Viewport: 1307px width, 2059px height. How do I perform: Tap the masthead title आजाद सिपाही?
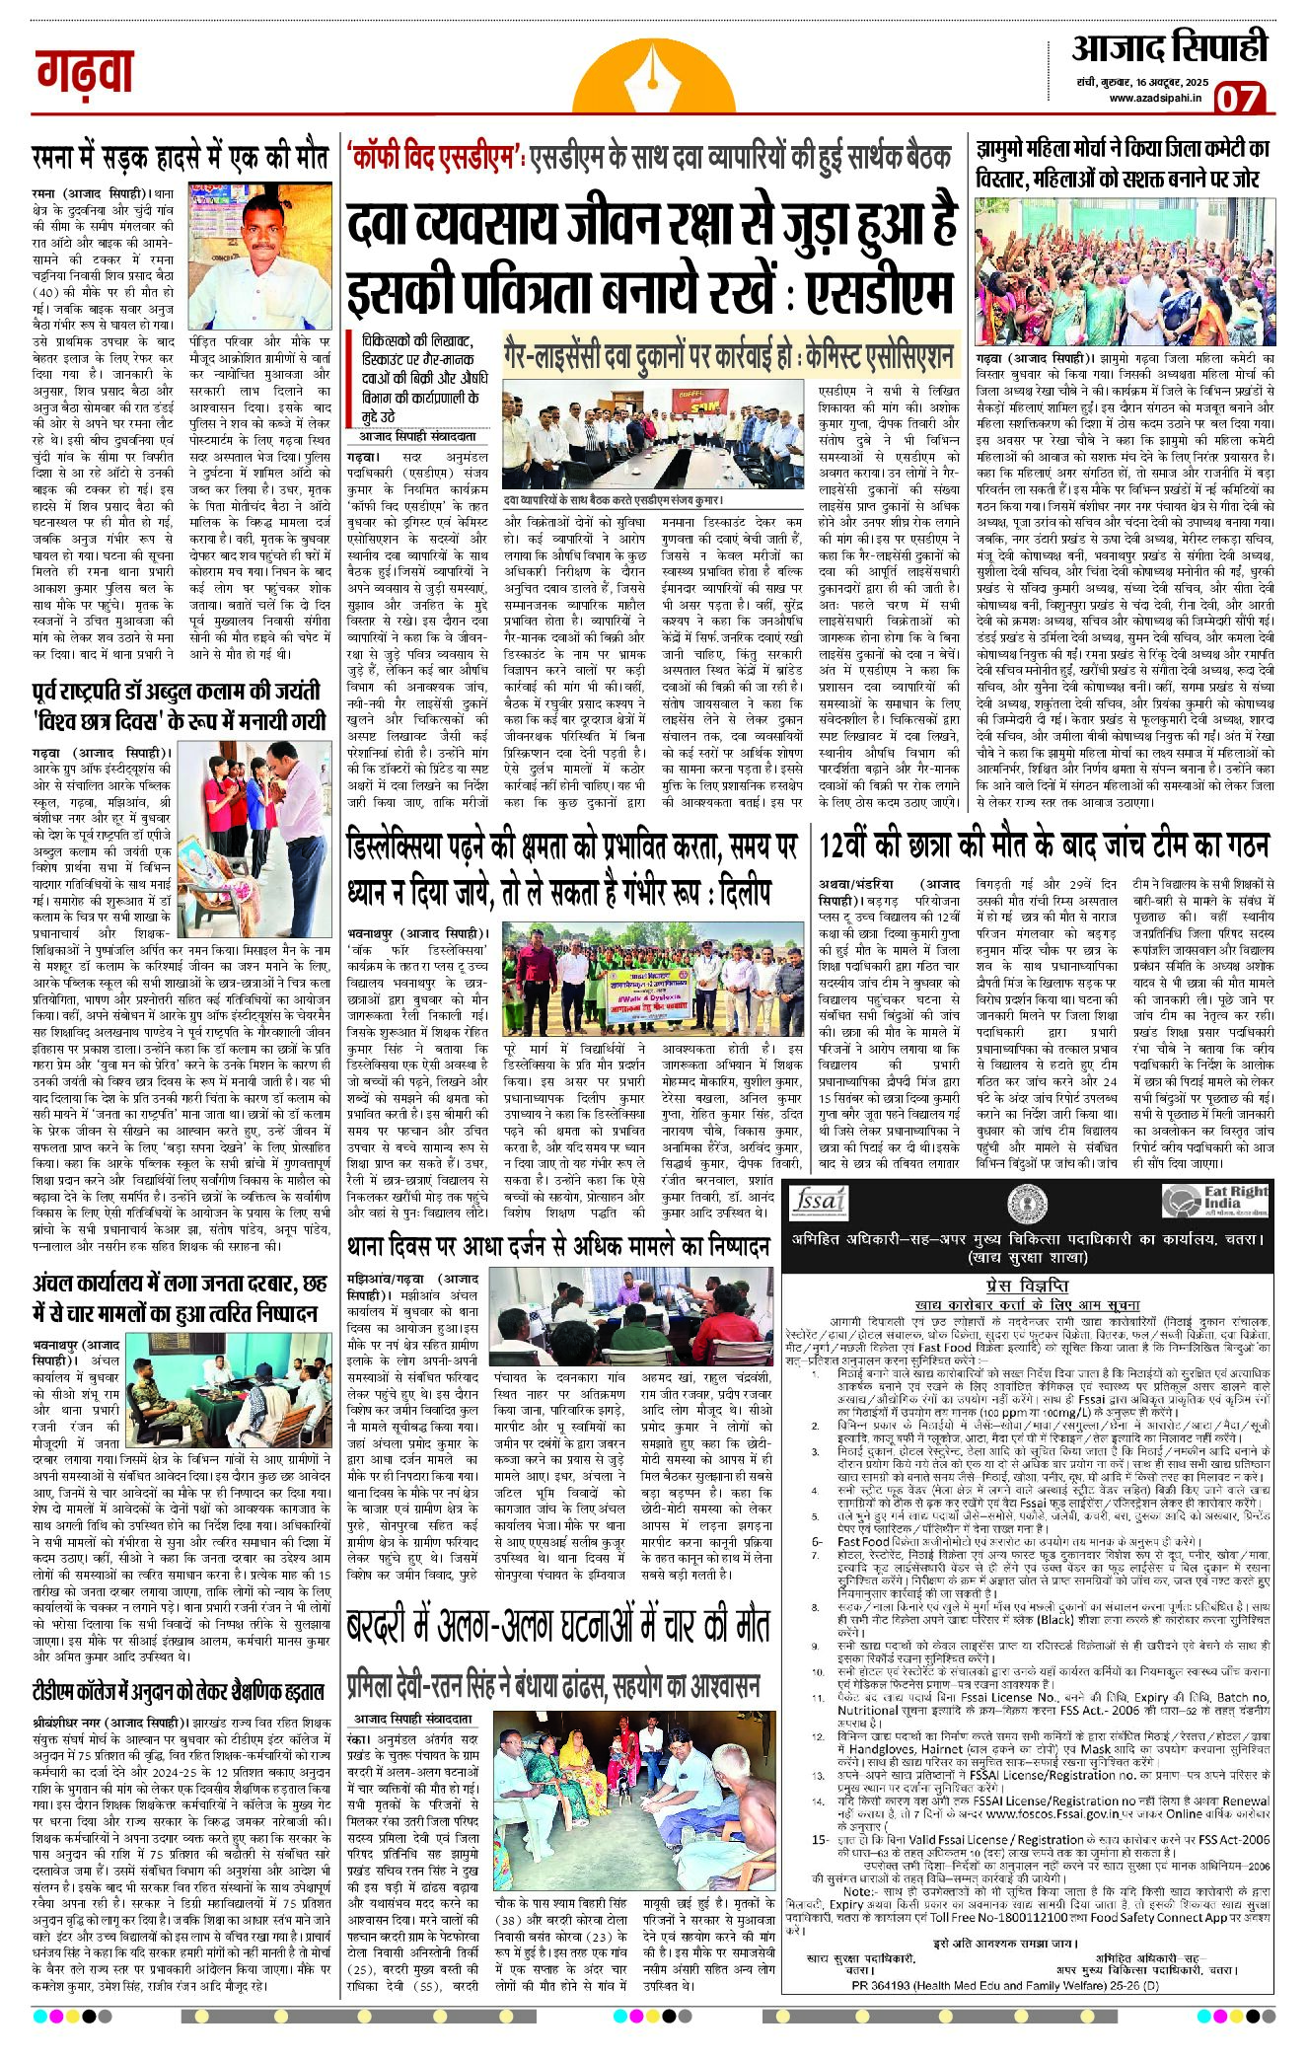coord(1168,46)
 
